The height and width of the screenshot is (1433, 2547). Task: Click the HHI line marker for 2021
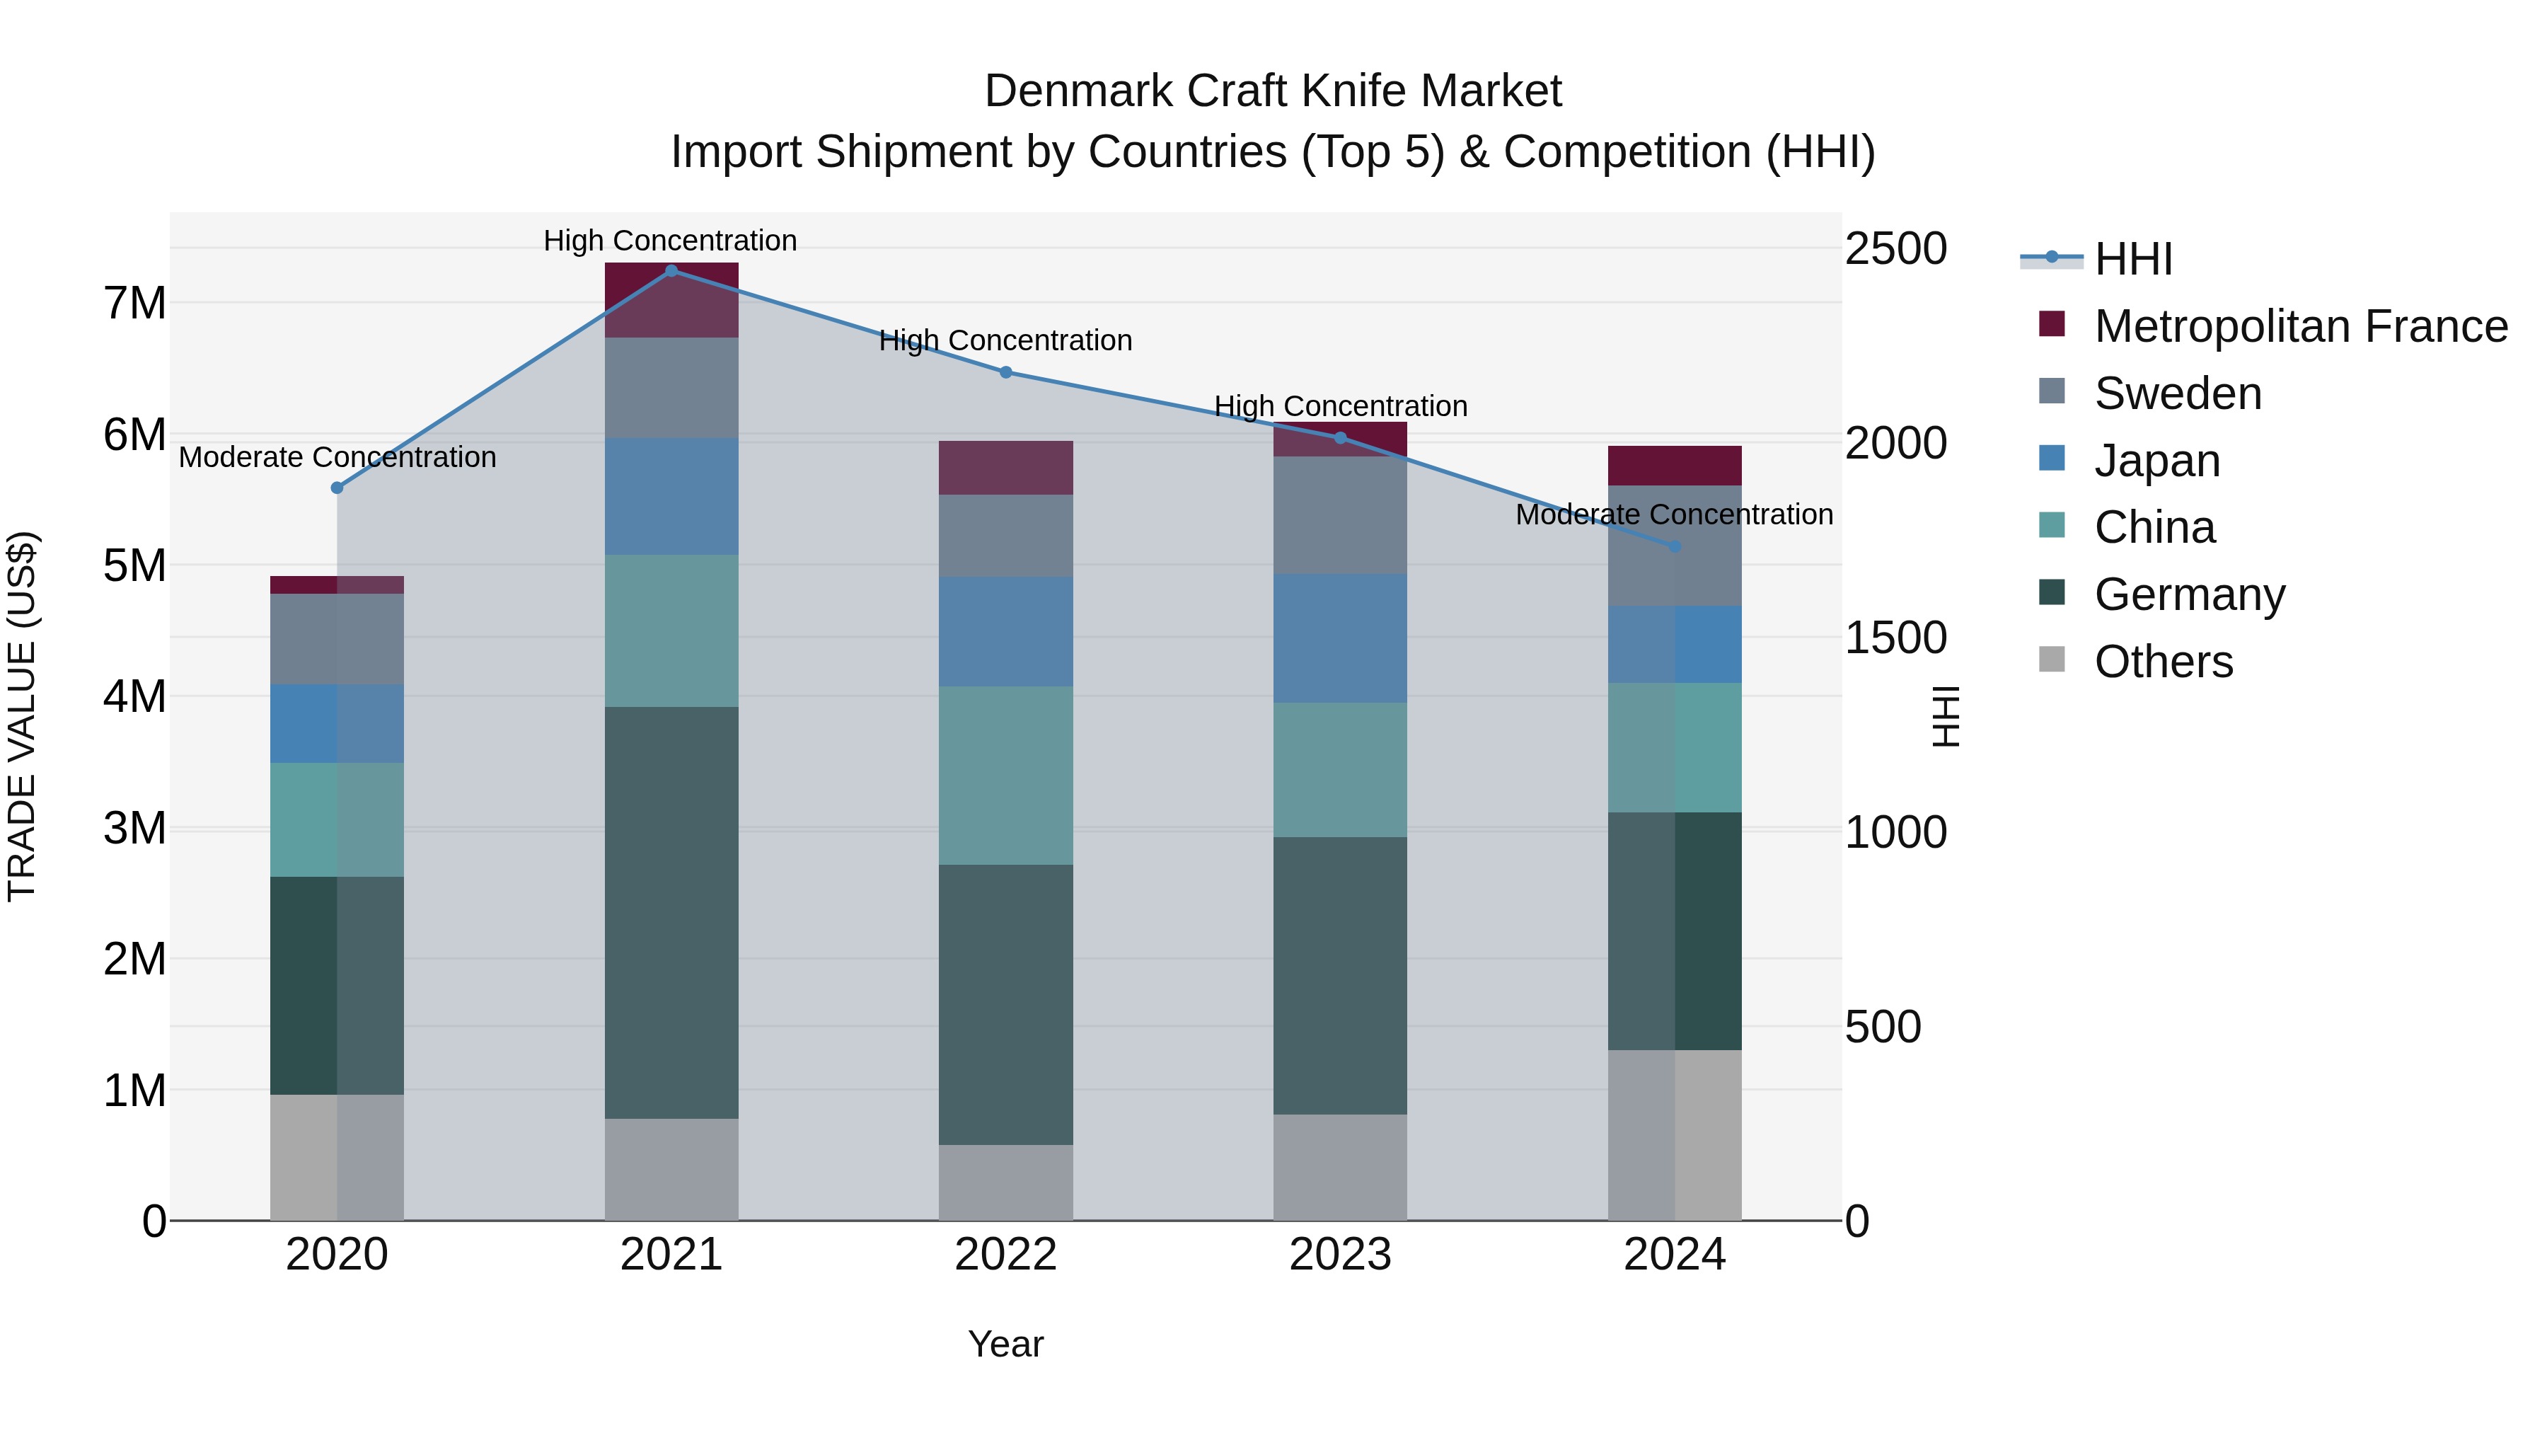point(671,271)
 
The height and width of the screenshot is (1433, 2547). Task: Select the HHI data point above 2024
point(1675,546)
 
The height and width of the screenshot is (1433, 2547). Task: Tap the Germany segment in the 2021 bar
point(671,912)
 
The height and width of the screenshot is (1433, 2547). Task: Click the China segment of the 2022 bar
point(1005,776)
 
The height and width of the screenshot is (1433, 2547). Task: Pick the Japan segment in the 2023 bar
point(1340,638)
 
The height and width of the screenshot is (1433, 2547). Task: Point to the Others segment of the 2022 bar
point(1005,1182)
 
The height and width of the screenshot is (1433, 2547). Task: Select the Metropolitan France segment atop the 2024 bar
point(1674,465)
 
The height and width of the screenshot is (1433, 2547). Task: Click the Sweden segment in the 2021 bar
point(671,388)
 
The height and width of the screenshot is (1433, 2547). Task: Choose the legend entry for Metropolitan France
point(2300,326)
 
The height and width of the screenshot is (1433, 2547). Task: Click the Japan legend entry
point(2156,460)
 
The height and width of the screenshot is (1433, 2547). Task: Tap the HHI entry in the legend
point(2132,259)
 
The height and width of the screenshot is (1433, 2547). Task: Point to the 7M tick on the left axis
point(134,303)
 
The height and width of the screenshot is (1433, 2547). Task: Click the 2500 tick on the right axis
point(1895,248)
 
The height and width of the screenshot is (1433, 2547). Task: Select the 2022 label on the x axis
point(1005,1255)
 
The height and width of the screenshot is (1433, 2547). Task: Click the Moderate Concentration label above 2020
point(337,457)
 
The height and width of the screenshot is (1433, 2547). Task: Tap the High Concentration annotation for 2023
point(1340,405)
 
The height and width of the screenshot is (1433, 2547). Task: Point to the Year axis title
point(1005,1344)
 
